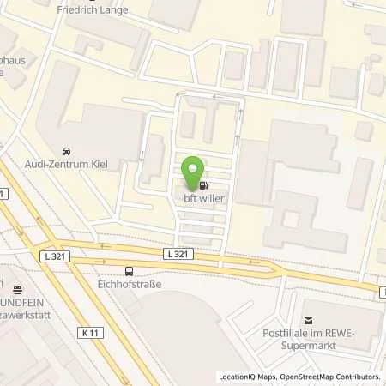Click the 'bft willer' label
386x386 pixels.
204,199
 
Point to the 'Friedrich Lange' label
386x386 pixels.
92,10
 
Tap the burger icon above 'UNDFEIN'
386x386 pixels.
16,289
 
